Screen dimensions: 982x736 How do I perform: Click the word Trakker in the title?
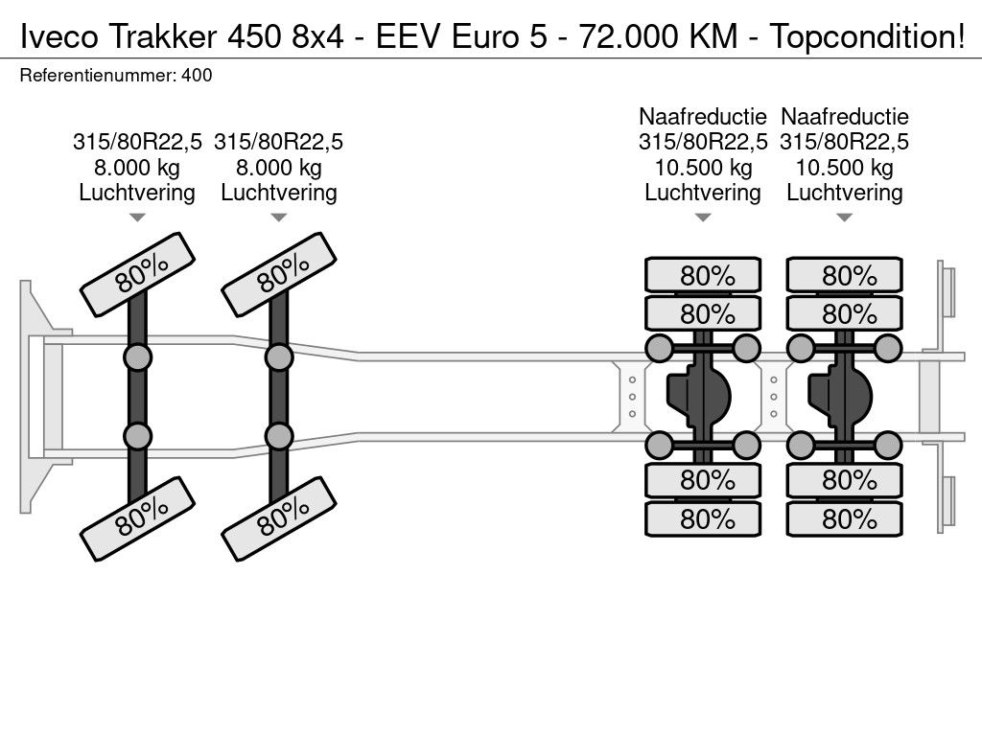[163, 36]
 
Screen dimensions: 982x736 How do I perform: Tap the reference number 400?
[197, 75]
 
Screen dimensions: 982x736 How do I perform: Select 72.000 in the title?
[628, 36]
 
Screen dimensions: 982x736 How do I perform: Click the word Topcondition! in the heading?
[867, 37]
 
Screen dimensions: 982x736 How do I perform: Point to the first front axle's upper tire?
[138, 274]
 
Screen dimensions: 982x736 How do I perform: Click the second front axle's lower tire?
[279, 518]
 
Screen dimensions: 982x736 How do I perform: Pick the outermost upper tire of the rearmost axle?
[844, 275]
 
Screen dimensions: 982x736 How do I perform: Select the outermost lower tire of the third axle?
[703, 518]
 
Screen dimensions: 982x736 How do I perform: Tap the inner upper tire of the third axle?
[703, 313]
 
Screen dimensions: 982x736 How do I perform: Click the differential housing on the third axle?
[698, 396]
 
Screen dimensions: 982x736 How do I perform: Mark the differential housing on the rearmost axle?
[840, 396]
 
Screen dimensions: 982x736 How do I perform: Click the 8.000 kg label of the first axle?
[137, 167]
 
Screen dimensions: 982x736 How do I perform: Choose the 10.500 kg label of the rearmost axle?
[844, 167]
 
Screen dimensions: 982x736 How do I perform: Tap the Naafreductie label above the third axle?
[703, 116]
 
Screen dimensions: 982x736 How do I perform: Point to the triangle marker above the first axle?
[137, 218]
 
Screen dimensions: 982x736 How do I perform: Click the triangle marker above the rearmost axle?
[844, 218]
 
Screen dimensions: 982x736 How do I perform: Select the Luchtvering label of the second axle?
[279, 193]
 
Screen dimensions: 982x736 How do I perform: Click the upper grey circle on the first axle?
[138, 358]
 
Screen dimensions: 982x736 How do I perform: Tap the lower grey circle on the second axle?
[279, 436]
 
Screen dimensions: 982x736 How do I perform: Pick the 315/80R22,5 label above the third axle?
[703, 142]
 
